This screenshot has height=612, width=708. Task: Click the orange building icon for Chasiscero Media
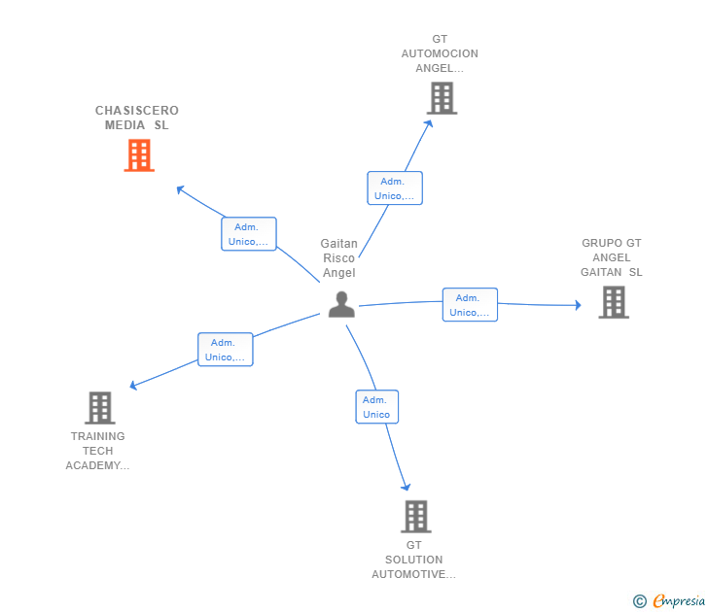[x=139, y=155]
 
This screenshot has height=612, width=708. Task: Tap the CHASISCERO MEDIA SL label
[x=137, y=118]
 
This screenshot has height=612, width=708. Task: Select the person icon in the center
[x=341, y=304]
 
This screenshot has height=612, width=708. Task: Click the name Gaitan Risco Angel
[x=339, y=258]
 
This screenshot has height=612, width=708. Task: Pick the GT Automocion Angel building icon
[x=442, y=98]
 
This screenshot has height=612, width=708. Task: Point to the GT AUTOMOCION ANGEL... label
[x=440, y=53]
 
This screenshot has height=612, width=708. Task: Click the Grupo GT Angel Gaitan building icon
[x=614, y=302]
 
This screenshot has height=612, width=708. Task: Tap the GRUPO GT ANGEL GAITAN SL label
[x=612, y=257]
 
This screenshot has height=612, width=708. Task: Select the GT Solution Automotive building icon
[x=416, y=517]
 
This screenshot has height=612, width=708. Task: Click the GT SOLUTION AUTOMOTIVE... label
[x=413, y=560]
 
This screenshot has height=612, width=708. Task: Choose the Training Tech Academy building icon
[x=100, y=408]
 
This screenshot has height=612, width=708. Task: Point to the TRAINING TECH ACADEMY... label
[x=97, y=451]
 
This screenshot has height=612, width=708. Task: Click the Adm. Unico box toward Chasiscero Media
[x=249, y=233]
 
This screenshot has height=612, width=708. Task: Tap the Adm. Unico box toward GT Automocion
[x=395, y=188]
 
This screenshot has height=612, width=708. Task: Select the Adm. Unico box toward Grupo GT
[x=470, y=305]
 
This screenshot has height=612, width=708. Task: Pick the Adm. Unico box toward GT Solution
[x=377, y=407]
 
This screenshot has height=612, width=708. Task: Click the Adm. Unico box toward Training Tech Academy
[x=226, y=350]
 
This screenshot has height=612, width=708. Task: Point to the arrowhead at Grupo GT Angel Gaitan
[x=578, y=305]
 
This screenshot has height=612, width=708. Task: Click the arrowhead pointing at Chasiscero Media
[x=180, y=189]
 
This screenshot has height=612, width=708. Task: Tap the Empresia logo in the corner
[x=669, y=600]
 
